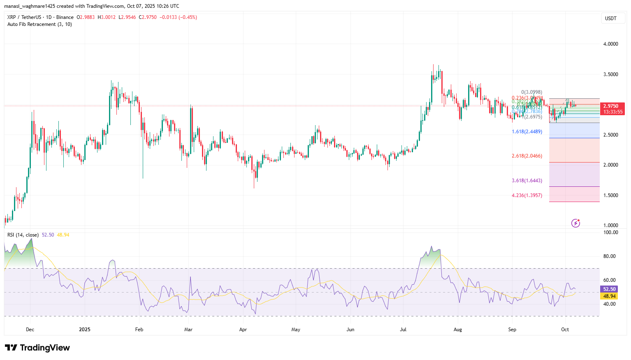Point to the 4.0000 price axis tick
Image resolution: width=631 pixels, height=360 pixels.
pyautogui.click(x=610, y=44)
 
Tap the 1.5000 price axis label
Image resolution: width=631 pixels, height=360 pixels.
pyautogui.click(x=610, y=195)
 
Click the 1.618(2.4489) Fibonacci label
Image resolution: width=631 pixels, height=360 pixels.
pyautogui.click(x=527, y=132)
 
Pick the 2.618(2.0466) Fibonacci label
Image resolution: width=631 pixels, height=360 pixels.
pyautogui.click(x=527, y=156)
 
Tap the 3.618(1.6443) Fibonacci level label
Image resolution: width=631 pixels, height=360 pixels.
pyautogui.click(x=527, y=181)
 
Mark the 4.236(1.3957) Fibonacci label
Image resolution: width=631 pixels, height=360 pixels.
pyautogui.click(x=527, y=195)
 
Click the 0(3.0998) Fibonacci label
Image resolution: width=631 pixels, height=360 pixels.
pyautogui.click(x=531, y=92)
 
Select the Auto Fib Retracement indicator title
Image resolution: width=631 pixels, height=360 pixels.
pyautogui.click(x=39, y=24)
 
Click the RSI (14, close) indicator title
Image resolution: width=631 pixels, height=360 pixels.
pyautogui.click(x=23, y=235)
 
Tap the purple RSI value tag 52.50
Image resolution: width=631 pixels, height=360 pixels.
pyautogui.click(x=609, y=290)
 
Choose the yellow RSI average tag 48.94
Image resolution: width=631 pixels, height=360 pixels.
pyautogui.click(x=609, y=296)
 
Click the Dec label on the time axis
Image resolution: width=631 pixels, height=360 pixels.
pyautogui.click(x=30, y=330)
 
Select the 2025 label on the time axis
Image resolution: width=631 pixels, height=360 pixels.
pyautogui.click(x=85, y=330)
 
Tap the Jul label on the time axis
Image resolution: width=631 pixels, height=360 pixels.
pyautogui.click(x=403, y=330)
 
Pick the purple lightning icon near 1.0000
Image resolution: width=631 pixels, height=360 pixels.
pyautogui.click(x=575, y=223)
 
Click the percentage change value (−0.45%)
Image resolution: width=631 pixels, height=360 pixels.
pyautogui.click(x=188, y=17)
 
